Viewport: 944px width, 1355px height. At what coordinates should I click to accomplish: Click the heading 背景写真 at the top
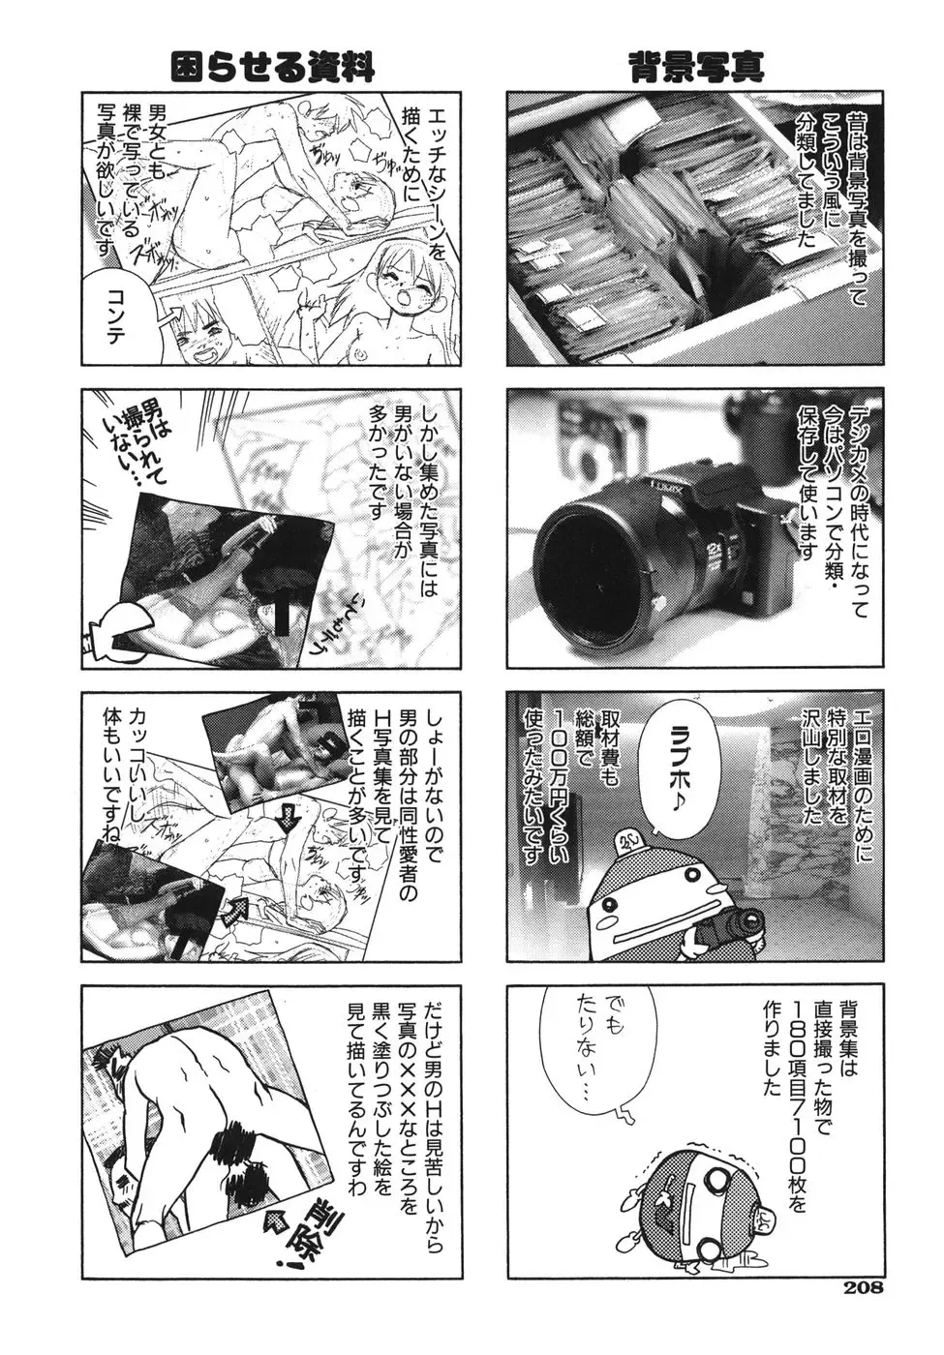(x=696, y=66)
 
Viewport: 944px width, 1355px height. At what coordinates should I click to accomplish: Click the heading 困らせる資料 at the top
(x=272, y=67)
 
